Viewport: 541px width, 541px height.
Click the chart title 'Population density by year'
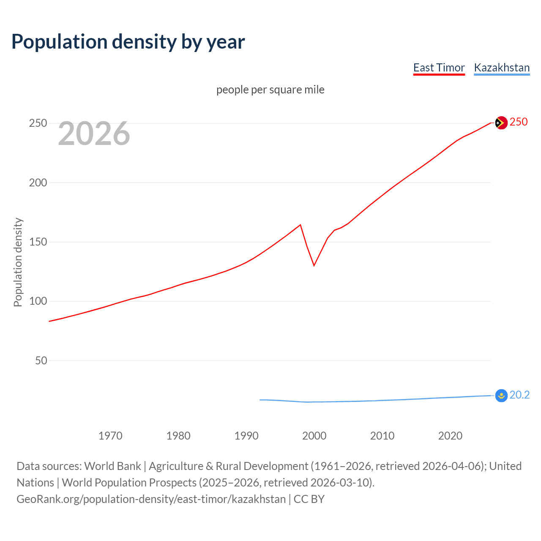pyautogui.click(x=128, y=42)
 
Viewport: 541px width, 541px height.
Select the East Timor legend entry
pyautogui.click(x=439, y=68)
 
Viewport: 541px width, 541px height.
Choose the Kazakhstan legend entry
pyautogui.click(x=502, y=68)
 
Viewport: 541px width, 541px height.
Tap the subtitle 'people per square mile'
pyautogui.click(x=270, y=90)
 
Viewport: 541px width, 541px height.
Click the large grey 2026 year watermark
pyautogui.click(x=94, y=134)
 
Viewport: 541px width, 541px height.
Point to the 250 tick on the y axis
pyautogui.click(x=38, y=123)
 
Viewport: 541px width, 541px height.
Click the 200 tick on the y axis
pyautogui.click(x=38, y=183)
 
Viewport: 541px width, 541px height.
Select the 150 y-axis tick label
pyautogui.click(x=38, y=242)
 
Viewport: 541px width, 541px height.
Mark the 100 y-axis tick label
pyautogui.click(x=38, y=301)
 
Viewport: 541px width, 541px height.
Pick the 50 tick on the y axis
pyautogui.click(x=41, y=361)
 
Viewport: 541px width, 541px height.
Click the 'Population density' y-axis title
pyautogui.click(x=18, y=262)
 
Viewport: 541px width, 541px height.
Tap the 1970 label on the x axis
pyautogui.click(x=110, y=436)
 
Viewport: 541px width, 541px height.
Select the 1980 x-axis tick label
pyautogui.click(x=178, y=436)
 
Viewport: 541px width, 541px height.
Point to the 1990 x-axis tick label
pyautogui.click(x=246, y=436)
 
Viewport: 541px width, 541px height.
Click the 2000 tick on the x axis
pyautogui.click(x=314, y=436)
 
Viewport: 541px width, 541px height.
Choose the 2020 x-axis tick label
pyautogui.click(x=450, y=436)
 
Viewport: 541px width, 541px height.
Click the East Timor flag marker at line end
pyautogui.click(x=501, y=123)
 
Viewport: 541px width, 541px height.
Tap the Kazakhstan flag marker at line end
pyautogui.click(x=501, y=396)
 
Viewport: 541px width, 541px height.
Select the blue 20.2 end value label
pyautogui.click(x=519, y=395)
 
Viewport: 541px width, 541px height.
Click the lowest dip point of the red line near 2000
pyautogui.click(x=314, y=265)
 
